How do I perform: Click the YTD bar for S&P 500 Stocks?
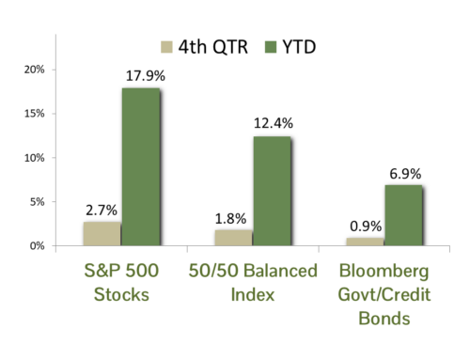coord(140,167)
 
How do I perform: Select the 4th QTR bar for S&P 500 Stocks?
coord(102,234)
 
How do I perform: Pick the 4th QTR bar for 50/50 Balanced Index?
coord(234,238)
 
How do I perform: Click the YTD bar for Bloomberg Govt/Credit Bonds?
coord(403,215)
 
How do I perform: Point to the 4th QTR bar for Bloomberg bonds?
coord(365,242)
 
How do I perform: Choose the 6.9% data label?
coord(404,174)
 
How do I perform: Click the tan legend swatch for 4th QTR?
coord(167,44)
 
